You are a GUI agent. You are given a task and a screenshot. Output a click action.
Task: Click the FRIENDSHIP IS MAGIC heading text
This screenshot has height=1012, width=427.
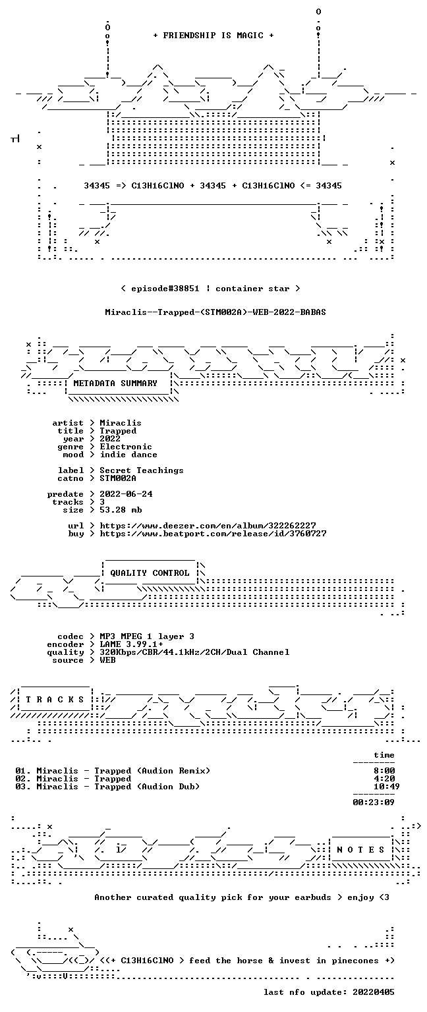coord(213,35)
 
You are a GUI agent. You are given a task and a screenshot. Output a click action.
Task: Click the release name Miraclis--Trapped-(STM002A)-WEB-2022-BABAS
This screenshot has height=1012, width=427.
coord(215,312)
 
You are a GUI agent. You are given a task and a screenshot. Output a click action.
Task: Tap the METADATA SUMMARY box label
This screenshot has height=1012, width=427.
coord(115,383)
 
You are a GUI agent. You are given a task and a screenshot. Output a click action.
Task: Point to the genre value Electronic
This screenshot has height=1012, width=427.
coord(126,446)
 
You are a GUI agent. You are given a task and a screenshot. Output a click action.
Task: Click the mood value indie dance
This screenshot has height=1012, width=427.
coord(128,455)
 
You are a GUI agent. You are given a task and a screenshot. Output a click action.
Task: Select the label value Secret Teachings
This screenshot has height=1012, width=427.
coord(142,470)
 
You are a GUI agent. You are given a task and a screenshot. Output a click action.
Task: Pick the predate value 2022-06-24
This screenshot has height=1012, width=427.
coord(126,493)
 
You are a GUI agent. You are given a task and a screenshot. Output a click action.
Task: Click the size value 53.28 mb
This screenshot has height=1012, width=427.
coord(121,509)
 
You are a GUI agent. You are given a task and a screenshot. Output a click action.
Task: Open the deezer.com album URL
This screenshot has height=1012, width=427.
coord(208,525)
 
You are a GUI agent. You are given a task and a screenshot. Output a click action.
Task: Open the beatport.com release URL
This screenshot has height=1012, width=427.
coord(213,534)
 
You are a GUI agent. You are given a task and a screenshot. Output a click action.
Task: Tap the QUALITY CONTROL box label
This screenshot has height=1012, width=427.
coord(150,573)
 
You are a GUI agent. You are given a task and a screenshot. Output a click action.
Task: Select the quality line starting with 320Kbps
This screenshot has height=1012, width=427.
coord(194,652)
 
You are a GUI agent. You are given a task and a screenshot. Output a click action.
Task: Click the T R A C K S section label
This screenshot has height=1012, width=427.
coord(55,699)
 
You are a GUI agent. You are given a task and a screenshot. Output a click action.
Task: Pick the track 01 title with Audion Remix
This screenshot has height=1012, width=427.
coord(123,771)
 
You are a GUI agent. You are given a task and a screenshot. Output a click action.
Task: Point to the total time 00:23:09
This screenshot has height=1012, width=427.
coord(373,802)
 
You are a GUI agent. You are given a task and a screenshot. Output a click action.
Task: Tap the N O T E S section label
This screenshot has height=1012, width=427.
coord(360,850)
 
